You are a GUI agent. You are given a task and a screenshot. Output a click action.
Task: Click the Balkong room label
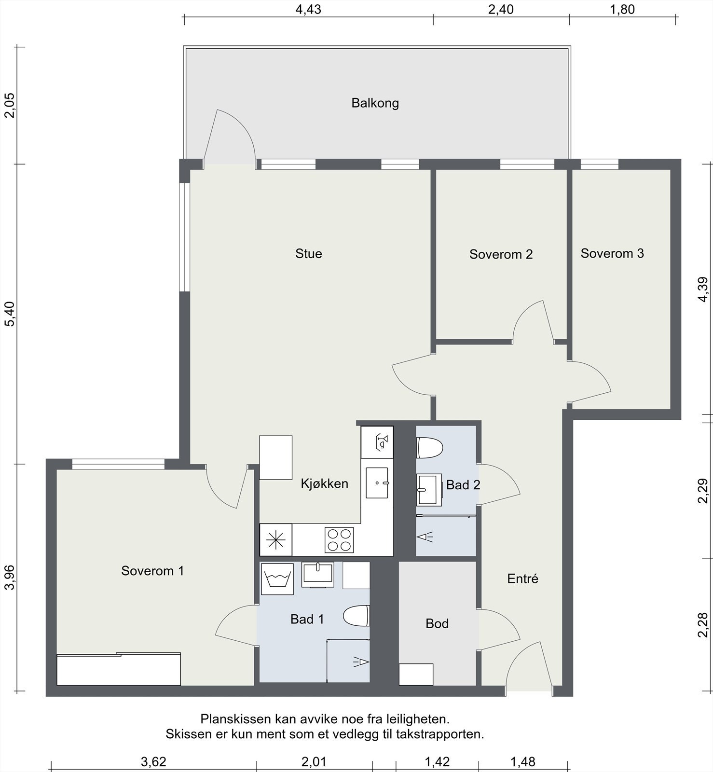[375, 103]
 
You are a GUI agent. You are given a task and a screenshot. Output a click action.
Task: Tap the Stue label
[309, 253]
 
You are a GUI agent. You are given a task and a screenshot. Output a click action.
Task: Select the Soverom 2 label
[501, 254]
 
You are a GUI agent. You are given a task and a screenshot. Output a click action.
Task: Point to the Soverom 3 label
[612, 253]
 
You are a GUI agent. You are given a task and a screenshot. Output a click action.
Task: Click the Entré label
[522, 579]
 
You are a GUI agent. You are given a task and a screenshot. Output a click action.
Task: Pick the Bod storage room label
[437, 623]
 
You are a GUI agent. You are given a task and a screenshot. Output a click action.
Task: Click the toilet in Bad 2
[430, 448]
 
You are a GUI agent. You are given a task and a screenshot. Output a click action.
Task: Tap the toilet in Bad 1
[356, 616]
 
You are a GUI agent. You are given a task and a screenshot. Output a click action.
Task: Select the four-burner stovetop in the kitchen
[339, 540]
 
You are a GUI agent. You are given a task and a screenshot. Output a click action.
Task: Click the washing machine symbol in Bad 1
[277, 579]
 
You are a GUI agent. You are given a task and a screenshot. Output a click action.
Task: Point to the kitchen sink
[377, 482]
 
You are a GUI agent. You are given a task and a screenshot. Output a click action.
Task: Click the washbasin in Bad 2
[429, 490]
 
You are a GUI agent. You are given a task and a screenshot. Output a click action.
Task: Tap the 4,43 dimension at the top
[308, 10]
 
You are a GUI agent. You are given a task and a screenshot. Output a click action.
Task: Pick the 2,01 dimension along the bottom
[314, 762]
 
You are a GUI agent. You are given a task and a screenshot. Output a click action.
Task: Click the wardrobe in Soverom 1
[119, 669]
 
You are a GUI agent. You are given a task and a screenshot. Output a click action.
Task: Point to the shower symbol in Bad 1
[361, 662]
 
